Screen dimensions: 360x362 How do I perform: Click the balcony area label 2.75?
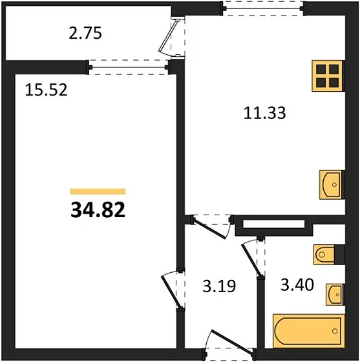(85, 33)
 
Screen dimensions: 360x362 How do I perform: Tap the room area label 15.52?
(46, 90)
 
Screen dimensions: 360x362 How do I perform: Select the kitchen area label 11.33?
(265, 113)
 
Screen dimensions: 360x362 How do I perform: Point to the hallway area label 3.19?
(219, 286)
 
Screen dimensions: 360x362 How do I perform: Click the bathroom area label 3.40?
(297, 284)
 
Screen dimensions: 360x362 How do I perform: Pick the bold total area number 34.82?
(98, 210)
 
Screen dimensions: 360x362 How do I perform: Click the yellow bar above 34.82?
(98, 191)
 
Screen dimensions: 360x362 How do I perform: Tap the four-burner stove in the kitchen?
(327, 76)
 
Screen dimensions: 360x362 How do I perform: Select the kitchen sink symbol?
(331, 185)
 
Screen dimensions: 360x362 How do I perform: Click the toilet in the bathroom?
(324, 255)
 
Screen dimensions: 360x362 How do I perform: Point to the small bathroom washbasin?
(335, 295)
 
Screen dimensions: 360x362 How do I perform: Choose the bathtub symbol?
(308, 331)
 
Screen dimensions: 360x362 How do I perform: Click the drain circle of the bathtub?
(335, 331)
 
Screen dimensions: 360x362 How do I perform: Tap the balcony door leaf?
(168, 36)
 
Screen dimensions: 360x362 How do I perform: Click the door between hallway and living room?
(171, 292)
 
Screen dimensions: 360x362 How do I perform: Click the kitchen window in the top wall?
(263, 8)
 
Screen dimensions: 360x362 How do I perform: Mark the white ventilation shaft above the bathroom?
(273, 224)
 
